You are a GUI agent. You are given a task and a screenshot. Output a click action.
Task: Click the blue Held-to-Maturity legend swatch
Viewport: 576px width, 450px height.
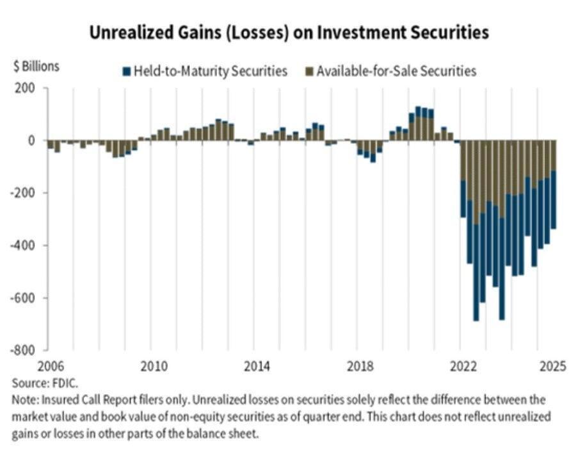127,71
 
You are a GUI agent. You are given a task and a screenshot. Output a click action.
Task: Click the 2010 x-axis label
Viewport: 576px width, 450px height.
154,367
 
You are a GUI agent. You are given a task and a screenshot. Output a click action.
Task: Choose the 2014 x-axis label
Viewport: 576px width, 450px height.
257,367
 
